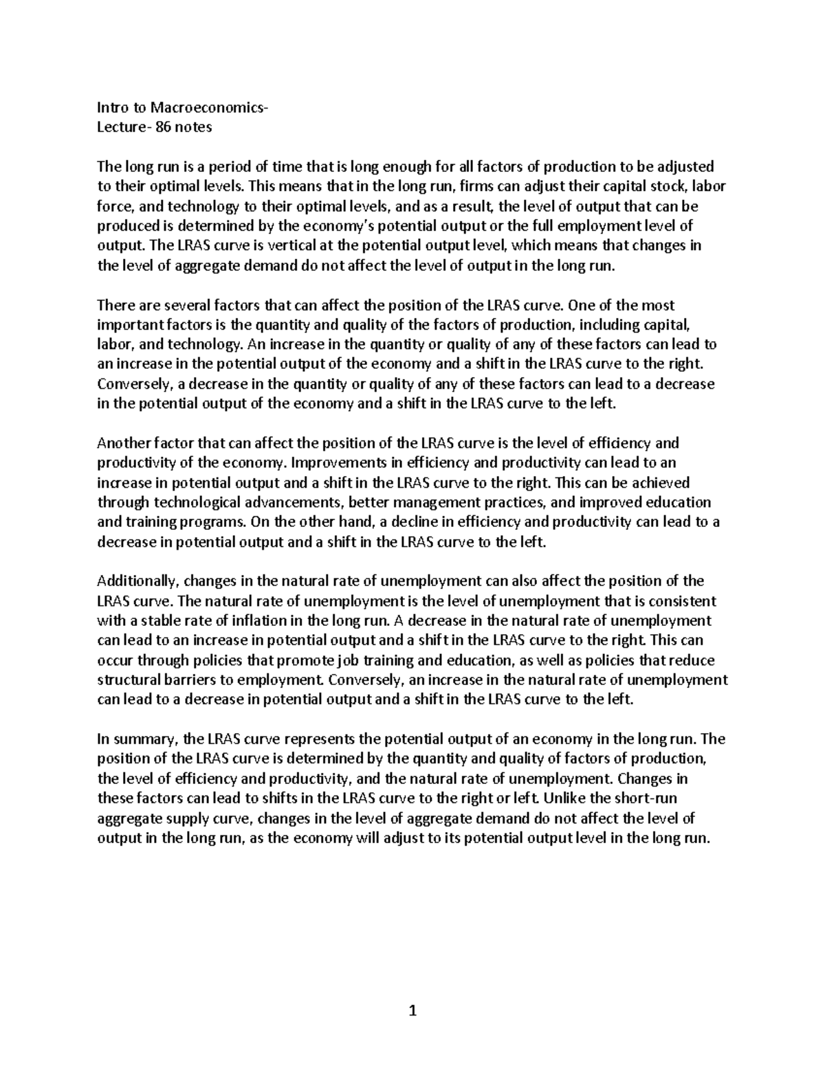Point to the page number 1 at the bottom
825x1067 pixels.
pyautogui.click(x=412, y=1010)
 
